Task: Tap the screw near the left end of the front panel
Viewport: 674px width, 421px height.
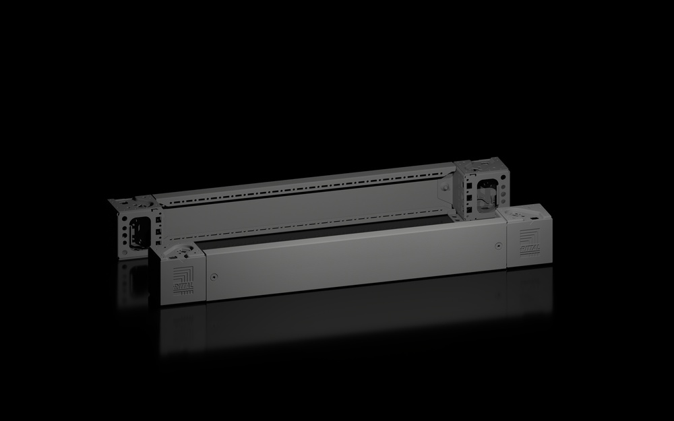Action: (x=213, y=276)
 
